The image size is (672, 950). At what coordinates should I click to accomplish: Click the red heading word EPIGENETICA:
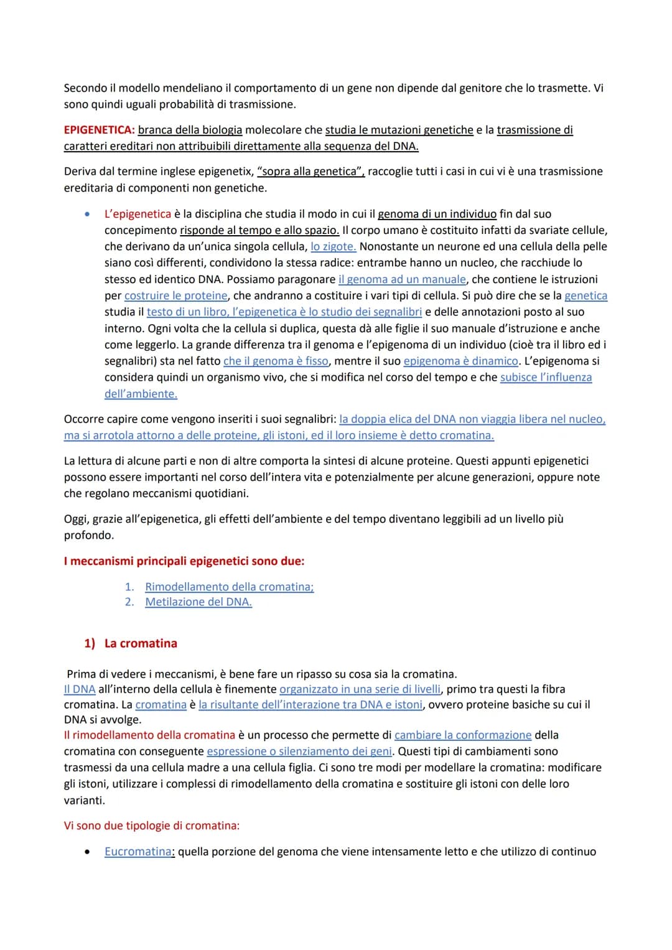tap(99, 130)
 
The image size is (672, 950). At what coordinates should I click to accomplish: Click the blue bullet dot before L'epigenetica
tap(88, 215)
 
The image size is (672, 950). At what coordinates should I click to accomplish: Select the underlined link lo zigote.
tap(333, 246)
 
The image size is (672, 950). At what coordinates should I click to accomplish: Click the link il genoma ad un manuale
tap(402, 279)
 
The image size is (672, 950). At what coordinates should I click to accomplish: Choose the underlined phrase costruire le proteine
tap(176, 296)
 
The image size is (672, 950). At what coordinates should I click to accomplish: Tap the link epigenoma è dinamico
tap(460, 361)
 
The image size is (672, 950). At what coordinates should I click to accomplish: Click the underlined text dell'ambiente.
tap(141, 394)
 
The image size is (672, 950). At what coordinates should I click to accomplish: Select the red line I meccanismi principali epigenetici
tap(184, 561)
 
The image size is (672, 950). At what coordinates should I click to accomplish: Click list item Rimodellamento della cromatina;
tap(229, 587)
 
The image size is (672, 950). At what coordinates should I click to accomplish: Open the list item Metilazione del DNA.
tap(198, 602)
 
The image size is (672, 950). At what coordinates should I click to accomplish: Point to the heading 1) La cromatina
tap(131, 643)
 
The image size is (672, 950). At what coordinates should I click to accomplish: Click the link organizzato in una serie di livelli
tap(360, 689)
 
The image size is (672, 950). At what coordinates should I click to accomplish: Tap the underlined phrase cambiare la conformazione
tap(463, 735)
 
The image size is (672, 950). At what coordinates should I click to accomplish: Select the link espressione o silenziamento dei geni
tap(299, 751)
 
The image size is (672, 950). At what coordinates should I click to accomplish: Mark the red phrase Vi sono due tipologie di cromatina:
tap(152, 826)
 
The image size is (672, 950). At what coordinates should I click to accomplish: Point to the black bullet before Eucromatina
tap(88, 852)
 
